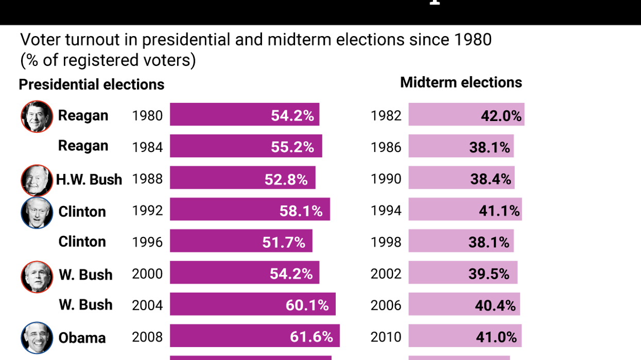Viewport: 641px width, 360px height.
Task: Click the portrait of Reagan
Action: tap(37, 116)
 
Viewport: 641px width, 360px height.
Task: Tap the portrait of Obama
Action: tap(37, 338)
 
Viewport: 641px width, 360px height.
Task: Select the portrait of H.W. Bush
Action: tap(37, 180)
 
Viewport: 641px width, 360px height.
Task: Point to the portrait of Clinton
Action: tap(37, 212)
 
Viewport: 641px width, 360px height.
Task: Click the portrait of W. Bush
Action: tap(37, 277)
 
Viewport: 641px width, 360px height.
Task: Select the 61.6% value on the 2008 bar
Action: tap(311, 337)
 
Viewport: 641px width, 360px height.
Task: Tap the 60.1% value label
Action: tap(307, 305)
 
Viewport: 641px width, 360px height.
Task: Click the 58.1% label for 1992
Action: tap(301, 211)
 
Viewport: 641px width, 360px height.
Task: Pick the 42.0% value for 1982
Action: tap(501, 116)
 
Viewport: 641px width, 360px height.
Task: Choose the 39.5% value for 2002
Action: tap(489, 274)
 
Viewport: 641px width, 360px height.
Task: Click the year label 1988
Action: tap(147, 179)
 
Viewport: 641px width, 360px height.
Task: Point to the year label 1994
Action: tap(386, 211)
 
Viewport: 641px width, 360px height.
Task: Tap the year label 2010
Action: tap(386, 337)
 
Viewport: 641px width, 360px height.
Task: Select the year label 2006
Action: tap(386, 305)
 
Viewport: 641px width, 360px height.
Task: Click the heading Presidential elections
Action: tap(92, 84)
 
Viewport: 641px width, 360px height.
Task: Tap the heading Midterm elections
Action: tap(461, 82)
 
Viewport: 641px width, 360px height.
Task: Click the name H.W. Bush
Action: tap(89, 180)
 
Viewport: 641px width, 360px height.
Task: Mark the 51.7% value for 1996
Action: tap(284, 242)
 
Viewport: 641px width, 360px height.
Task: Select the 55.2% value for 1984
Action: tap(292, 147)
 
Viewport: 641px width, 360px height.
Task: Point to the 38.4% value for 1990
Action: tap(490, 179)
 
